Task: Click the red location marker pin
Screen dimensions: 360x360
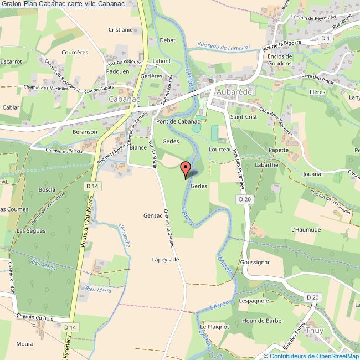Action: click(186, 168)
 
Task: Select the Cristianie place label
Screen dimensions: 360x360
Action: click(121, 30)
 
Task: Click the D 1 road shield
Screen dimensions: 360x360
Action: click(325, 38)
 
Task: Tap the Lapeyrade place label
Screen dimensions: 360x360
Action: click(166, 259)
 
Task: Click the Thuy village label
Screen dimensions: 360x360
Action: click(315, 330)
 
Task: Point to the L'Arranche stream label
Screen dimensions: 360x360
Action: click(125, 235)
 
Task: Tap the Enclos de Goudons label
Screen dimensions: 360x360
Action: click(279, 60)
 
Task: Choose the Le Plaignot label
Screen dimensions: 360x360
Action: click(214, 327)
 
